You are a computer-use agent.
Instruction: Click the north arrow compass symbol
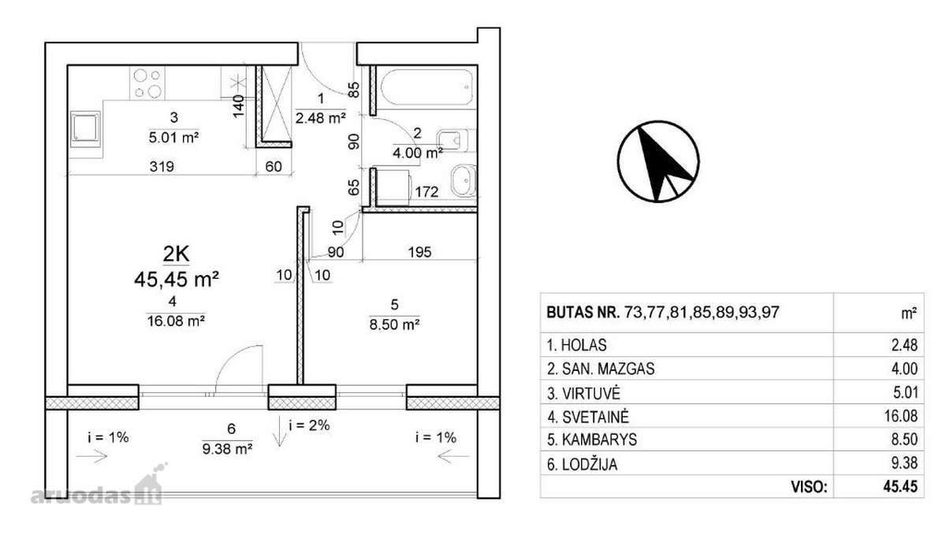(x=658, y=161)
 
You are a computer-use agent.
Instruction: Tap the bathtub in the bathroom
(x=427, y=87)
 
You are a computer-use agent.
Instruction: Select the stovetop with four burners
(x=147, y=83)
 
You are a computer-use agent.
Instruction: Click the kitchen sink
(x=86, y=129)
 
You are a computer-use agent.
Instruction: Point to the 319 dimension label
(x=162, y=166)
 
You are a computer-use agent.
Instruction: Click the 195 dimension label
(x=419, y=252)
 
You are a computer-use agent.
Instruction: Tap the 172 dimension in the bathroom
(x=426, y=192)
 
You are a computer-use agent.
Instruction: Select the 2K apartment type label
(x=176, y=254)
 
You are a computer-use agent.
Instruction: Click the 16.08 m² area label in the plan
(x=176, y=321)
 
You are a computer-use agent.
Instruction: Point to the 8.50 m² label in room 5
(x=394, y=325)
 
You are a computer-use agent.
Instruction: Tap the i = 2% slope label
(x=309, y=425)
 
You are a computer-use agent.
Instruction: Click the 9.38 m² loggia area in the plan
(x=228, y=448)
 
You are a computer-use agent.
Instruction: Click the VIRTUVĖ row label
(x=591, y=394)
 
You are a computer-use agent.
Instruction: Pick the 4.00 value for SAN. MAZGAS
(x=904, y=369)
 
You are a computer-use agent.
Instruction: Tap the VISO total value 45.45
(x=900, y=487)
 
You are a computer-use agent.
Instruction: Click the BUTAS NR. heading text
(x=583, y=312)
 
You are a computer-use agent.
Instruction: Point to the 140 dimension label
(x=239, y=106)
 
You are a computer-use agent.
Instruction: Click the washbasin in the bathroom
(x=464, y=180)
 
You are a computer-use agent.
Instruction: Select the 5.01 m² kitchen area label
(x=173, y=138)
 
